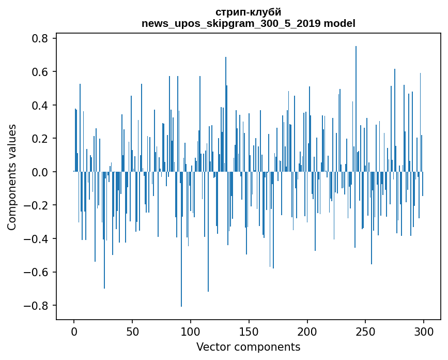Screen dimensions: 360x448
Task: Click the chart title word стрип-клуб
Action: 248,12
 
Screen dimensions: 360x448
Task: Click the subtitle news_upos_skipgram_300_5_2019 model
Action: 248,23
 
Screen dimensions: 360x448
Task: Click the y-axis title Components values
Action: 12,177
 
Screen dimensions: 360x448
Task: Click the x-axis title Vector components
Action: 248,347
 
